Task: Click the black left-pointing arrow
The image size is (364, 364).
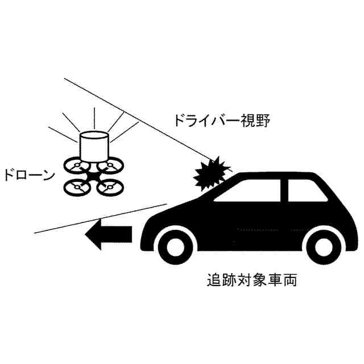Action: (x=109, y=235)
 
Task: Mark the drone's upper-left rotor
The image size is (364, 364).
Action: (x=77, y=167)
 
